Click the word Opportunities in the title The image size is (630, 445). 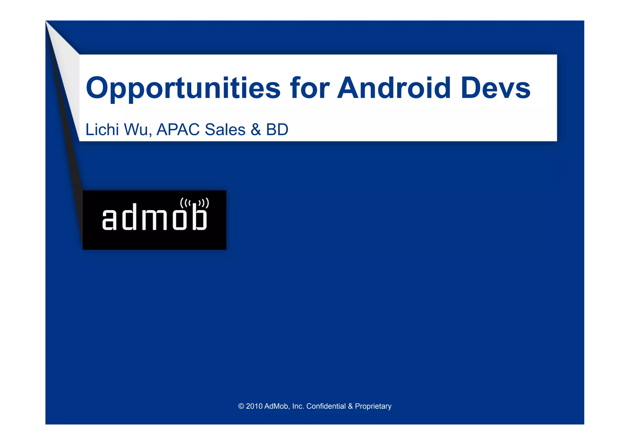point(183,89)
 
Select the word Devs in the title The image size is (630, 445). point(496,88)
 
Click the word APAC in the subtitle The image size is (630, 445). point(178,129)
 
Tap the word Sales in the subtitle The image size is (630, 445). point(225,129)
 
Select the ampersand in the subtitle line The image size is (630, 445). point(256,129)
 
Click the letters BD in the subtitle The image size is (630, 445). point(277,129)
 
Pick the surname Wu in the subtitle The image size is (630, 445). point(138,129)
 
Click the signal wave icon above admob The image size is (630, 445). point(194,203)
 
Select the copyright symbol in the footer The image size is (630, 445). point(241,406)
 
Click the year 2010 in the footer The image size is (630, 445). point(254,406)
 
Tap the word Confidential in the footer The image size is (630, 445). point(326,406)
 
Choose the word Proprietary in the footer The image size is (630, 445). point(373,406)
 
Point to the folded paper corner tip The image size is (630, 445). point(47,22)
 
